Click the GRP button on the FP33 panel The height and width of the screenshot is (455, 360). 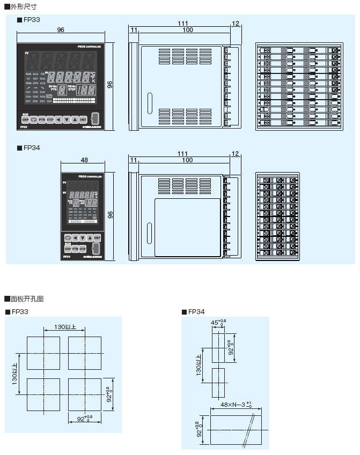(25, 120)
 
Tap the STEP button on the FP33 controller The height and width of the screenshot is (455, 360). (50, 120)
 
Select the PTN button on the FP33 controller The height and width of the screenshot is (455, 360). (42, 120)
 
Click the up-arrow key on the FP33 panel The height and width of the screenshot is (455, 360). (75, 120)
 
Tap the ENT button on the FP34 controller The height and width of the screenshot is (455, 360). (97, 237)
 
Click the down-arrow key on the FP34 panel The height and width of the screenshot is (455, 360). (82, 237)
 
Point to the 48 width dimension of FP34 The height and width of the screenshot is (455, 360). (84, 160)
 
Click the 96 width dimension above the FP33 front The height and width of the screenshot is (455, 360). (61, 30)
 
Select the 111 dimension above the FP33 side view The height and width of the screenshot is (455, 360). (183, 24)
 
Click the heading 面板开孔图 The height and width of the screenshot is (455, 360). (26, 299)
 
